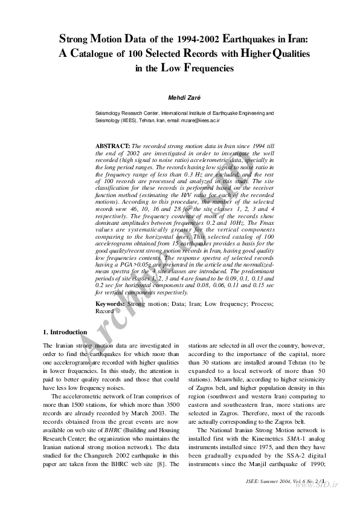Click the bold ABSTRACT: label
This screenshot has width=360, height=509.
pyautogui.click(x=113, y=147)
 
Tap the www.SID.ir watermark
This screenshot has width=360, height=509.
pyautogui.click(x=319, y=486)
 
